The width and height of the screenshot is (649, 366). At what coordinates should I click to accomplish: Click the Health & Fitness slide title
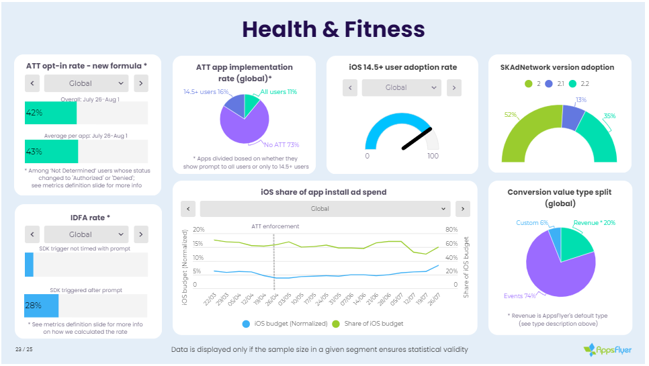click(333, 29)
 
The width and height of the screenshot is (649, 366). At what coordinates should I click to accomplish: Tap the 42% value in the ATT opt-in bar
click(34, 113)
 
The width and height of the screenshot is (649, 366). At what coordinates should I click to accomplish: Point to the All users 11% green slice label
click(278, 92)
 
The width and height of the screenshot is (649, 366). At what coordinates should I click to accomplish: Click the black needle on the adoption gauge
click(416, 138)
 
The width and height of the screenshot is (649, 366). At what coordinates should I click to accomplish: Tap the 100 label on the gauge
click(433, 156)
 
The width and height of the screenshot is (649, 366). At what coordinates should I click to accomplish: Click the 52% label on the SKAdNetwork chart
click(511, 115)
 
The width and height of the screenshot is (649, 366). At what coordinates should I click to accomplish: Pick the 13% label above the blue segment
click(580, 99)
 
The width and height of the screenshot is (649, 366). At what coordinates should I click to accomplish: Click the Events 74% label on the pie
click(520, 295)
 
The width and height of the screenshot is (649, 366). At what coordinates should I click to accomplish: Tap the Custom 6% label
click(532, 223)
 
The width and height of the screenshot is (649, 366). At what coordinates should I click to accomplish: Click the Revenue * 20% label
click(594, 223)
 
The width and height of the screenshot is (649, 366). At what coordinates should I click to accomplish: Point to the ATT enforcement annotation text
click(275, 226)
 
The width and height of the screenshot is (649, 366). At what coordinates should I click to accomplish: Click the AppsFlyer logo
click(607, 349)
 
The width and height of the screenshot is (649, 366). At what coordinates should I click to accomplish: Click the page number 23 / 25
click(24, 349)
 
